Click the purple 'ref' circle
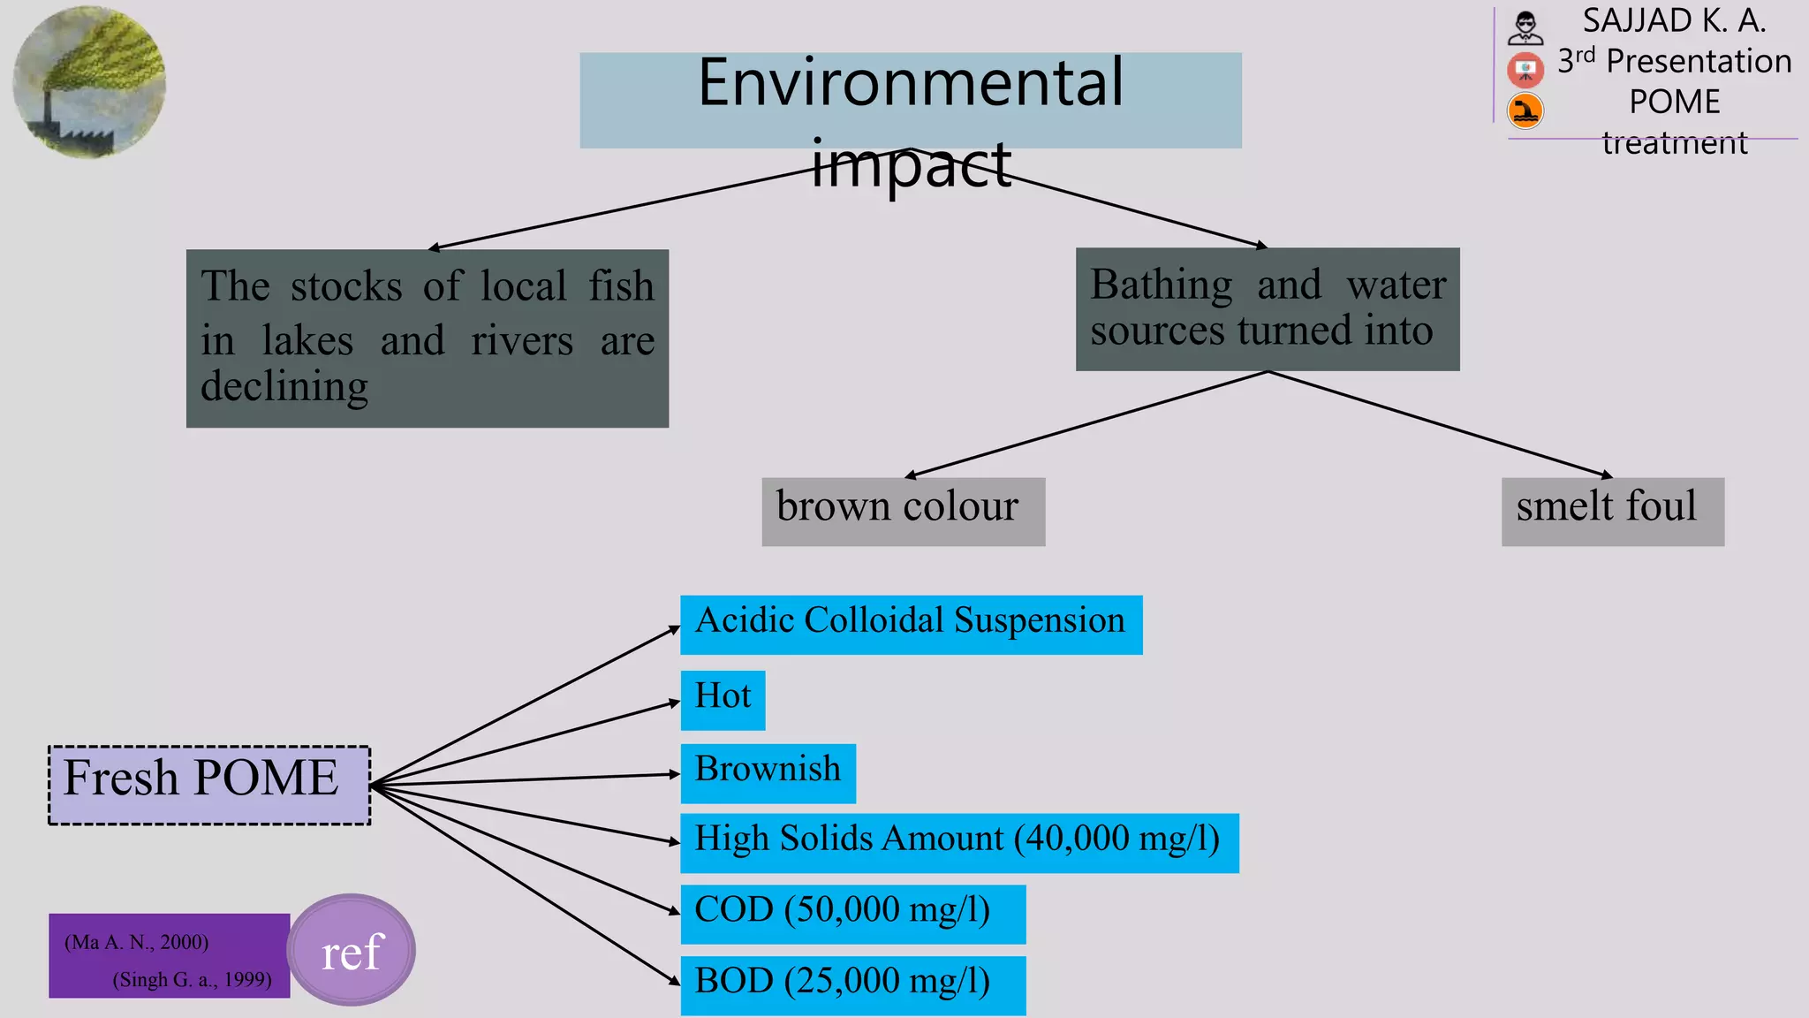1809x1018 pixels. pyautogui.click(x=352, y=950)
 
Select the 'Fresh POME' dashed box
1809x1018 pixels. pyautogui.click(x=209, y=785)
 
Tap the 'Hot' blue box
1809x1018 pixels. pyautogui.click(x=723, y=700)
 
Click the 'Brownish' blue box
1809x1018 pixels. pyautogui.click(x=768, y=773)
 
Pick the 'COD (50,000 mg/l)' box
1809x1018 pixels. pyautogui.click(x=852, y=914)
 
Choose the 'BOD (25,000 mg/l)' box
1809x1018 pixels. pyautogui.click(x=852, y=984)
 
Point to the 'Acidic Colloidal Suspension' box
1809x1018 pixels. pyautogui.click(x=911, y=624)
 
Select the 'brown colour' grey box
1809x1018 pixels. pyautogui.click(x=903, y=511)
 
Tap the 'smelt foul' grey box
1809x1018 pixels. pyautogui.click(x=1612, y=511)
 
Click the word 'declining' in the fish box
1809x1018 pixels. pyautogui.click(x=284, y=387)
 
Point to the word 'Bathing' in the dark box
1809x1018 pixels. pyautogui.click(x=1161, y=285)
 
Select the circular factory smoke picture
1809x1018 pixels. pyautogui.click(x=89, y=82)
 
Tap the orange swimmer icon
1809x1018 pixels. pyautogui.click(x=1525, y=111)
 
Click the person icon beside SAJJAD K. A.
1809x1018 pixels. pyautogui.click(x=1525, y=27)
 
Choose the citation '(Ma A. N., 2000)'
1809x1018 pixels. pyautogui.click(x=136, y=942)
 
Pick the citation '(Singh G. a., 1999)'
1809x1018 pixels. pyautogui.click(x=192, y=979)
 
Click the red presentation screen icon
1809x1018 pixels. pyautogui.click(x=1525, y=69)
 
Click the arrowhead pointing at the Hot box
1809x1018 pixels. pyautogui.click(x=675, y=703)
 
